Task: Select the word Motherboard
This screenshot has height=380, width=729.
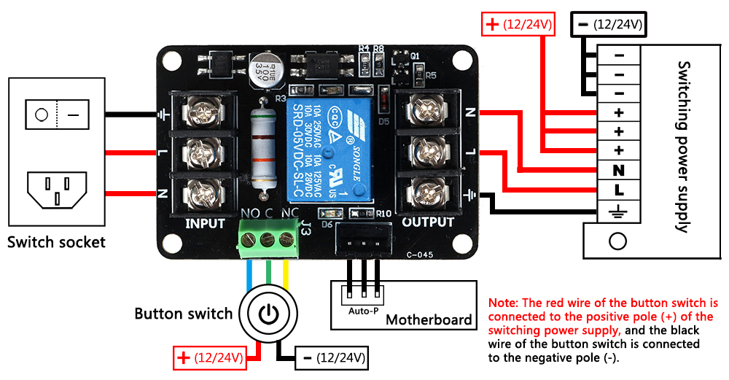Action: click(429, 319)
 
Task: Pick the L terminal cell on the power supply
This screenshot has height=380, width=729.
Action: click(619, 190)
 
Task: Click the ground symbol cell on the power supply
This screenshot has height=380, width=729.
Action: click(619, 211)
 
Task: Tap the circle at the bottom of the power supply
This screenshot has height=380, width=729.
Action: click(618, 241)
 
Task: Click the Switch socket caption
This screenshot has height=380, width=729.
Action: click(56, 242)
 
